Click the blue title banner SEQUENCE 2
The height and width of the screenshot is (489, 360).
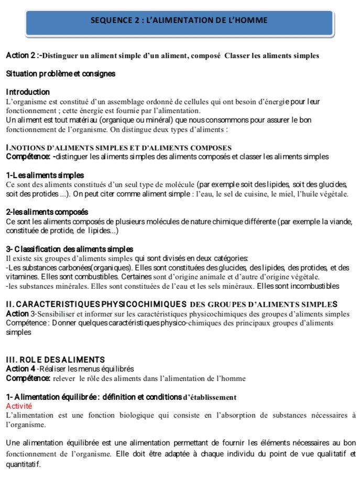point(179,20)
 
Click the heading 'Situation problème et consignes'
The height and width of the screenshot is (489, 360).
point(61,73)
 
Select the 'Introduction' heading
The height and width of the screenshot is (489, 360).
point(28,92)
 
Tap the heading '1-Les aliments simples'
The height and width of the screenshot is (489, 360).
point(45,175)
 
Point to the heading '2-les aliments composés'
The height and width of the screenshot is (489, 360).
point(47,212)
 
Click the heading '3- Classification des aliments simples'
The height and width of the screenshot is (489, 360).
point(70,248)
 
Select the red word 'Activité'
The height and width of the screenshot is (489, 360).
point(19,406)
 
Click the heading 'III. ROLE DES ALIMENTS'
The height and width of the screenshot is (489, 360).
point(55,359)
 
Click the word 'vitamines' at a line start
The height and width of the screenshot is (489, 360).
point(21,276)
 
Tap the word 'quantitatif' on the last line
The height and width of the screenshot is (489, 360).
point(24,464)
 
